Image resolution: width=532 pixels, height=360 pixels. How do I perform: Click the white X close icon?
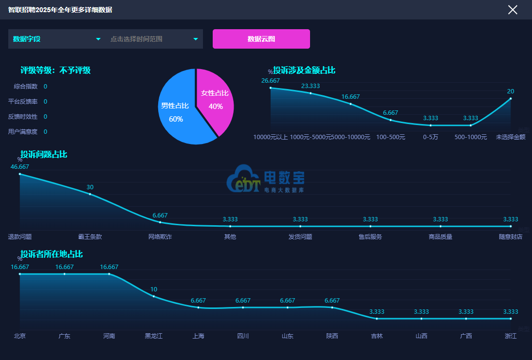pyautogui.click(x=513, y=10)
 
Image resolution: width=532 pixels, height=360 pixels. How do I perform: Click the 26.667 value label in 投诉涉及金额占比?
pyautogui.click(x=271, y=80)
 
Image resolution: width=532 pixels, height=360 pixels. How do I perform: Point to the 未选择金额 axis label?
pyautogui.click(x=511, y=137)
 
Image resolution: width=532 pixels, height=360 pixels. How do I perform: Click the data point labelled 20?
pyautogui.click(x=511, y=98)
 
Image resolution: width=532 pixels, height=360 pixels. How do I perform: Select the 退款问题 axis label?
pyautogui.click(x=20, y=237)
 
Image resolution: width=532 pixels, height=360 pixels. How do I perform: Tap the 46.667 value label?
pyautogui.click(x=20, y=166)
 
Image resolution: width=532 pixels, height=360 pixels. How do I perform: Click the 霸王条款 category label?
pyautogui.click(x=90, y=237)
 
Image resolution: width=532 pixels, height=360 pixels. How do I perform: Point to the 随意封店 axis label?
pyautogui.click(x=511, y=237)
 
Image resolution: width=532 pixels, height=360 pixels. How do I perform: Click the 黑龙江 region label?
pyautogui.click(x=154, y=336)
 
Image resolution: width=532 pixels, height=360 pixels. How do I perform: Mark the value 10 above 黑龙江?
pyautogui.click(x=154, y=289)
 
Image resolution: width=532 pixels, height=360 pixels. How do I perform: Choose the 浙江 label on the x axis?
pyautogui.click(x=511, y=336)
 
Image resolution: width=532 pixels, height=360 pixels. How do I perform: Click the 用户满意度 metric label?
pyautogui.click(x=23, y=131)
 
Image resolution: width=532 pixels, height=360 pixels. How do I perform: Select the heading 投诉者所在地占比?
pyautogui.click(x=52, y=254)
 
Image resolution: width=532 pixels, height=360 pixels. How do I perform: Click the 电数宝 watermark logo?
pyautogui.click(x=265, y=179)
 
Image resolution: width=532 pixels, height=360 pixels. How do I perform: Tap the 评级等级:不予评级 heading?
pyautogui.click(x=55, y=70)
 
